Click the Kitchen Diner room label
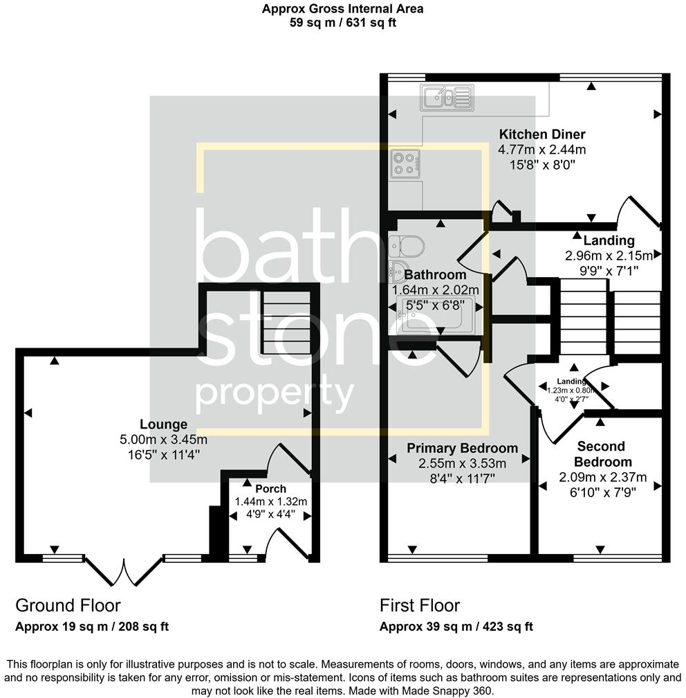point(542,134)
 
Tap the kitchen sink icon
point(445,98)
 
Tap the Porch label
point(270,489)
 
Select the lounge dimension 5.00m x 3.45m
point(163,440)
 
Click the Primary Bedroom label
point(462,448)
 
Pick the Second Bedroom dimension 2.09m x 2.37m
point(602,477)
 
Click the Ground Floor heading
point(68,606)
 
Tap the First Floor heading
point(420,606)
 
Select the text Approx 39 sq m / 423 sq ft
point(456,627)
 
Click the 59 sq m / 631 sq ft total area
point(342,22)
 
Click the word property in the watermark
point(275,395)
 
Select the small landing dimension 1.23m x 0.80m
point(571,390)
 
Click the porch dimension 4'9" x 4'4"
point(270,514)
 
